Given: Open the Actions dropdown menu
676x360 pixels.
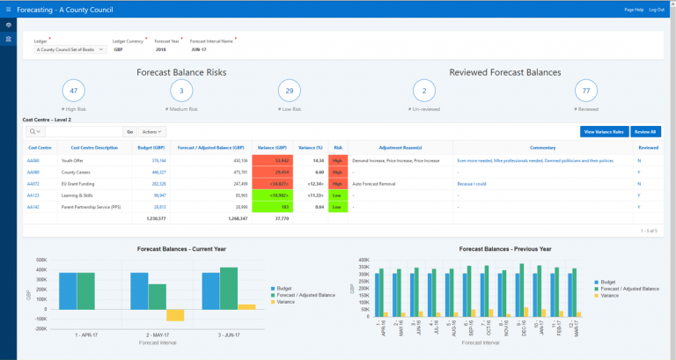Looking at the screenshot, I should [152, 131].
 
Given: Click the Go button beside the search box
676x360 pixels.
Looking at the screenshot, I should [129, 131].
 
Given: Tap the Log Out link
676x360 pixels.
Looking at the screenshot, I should [657, 9].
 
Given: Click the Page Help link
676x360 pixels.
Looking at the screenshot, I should [634, 9].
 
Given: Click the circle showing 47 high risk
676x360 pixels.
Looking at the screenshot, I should [74, 91].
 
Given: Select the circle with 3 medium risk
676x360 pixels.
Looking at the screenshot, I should [181, 91].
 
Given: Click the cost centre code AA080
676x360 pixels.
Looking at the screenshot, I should [33, 161].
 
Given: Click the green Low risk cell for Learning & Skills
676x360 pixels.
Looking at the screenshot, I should [338, 195].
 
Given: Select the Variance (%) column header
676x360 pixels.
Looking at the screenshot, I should [311, 148].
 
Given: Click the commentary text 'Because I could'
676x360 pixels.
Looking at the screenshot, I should [471, 184].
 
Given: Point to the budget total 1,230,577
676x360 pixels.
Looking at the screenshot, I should [153, 217].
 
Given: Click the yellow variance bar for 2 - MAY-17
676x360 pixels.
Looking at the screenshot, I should [175, 314].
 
